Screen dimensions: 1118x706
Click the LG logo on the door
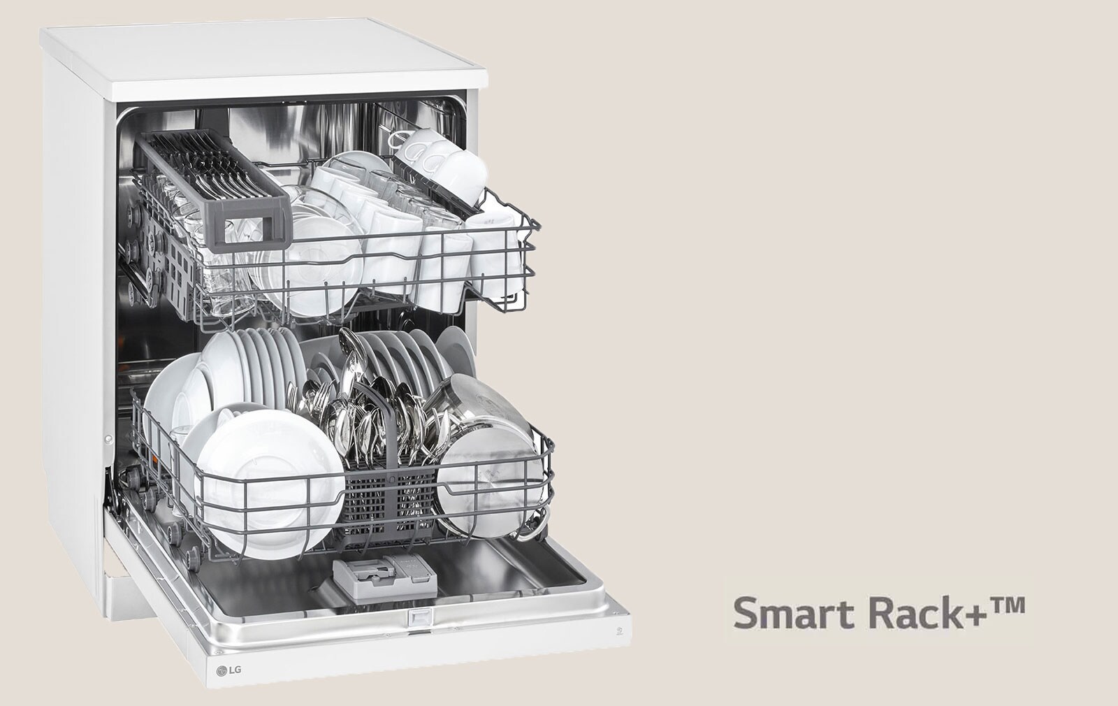(x=229, y=670)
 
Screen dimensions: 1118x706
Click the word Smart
(x=795, y=613)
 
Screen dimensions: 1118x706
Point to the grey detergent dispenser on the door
(x=384, y=579)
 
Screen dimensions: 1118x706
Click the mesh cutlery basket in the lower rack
(x=385, y=503)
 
